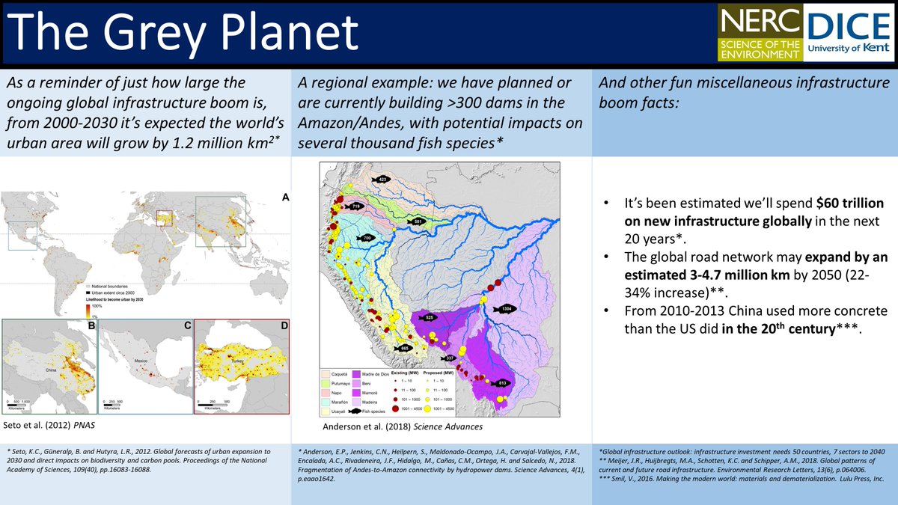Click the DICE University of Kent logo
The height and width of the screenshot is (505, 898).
(x=849, y=34)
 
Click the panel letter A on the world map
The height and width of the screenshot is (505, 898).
(x=285, y=198)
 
